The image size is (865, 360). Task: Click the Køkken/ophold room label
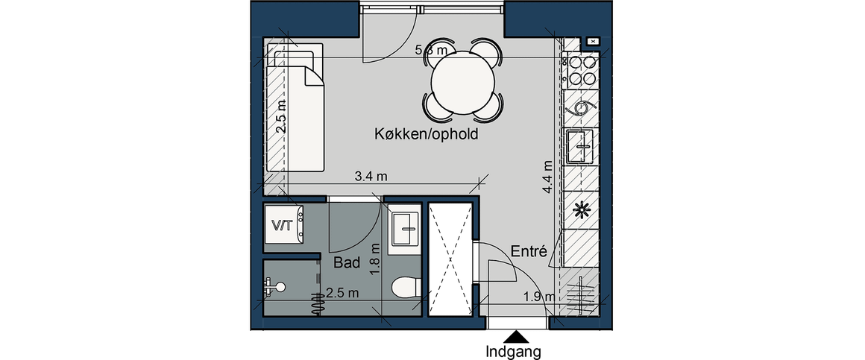click(x=426, y=135)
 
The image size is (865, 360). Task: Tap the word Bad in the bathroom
click(x=347, y=262)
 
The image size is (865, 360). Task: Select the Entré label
click(x=529, y=252)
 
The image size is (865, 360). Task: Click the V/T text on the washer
click(x=281, y=224)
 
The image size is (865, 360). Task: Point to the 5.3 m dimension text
click(x=430, y=51)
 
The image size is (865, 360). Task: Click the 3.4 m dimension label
click(x=371, y=177)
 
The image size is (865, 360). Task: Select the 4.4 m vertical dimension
click(x=548, y=178)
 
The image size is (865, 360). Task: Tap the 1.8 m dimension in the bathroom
click(x=375, y=262)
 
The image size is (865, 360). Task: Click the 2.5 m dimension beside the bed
click(x=280, y=118)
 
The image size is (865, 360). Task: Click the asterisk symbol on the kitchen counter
click(x=579, y=210)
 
